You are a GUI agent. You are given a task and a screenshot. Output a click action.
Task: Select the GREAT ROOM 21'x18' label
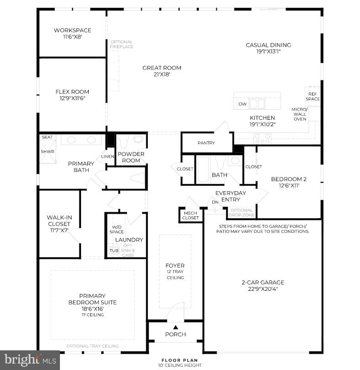pyautogui.click(x=161, y=71)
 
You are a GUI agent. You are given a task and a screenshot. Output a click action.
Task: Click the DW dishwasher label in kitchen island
pyautogui.click(x=242, y=104)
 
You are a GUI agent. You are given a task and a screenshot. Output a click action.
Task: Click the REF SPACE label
pyautogui.click(x=313, y=96)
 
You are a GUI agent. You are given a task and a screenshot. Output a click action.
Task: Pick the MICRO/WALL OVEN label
pyautogui.click(x=300, y=114)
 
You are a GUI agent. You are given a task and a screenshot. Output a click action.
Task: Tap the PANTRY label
pyautogui.click(x=206, y=143)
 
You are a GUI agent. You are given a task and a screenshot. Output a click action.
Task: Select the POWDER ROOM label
pyautogui.click(x=131, y=157)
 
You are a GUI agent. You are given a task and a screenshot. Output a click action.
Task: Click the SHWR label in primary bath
pyautogui.click(x=47, y=152)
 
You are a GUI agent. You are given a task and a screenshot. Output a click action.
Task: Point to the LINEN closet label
pyautogui.click(x=107, y=156)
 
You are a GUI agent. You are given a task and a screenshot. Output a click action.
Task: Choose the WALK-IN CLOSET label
pyautogui.click(x=59, y=224)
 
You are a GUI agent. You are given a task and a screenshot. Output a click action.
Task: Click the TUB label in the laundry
pyautogui.click(x=113, y=251)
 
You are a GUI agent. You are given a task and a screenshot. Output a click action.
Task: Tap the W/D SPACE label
pyautogui.click(x=118, y=230)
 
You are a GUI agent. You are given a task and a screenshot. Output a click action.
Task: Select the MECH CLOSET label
pyautogui.click(x=191, y=215)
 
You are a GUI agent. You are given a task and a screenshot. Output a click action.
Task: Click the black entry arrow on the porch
pyautogui.click(x=176, y=327)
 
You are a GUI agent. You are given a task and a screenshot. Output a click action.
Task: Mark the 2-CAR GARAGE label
pyautogui.click(x=263, y=285)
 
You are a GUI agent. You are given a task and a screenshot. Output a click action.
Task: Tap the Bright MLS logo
pyautogui.click(x=30, y=360)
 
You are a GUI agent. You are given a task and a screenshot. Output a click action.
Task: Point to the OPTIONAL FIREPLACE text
pyautogui.click(x=122, y=44)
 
